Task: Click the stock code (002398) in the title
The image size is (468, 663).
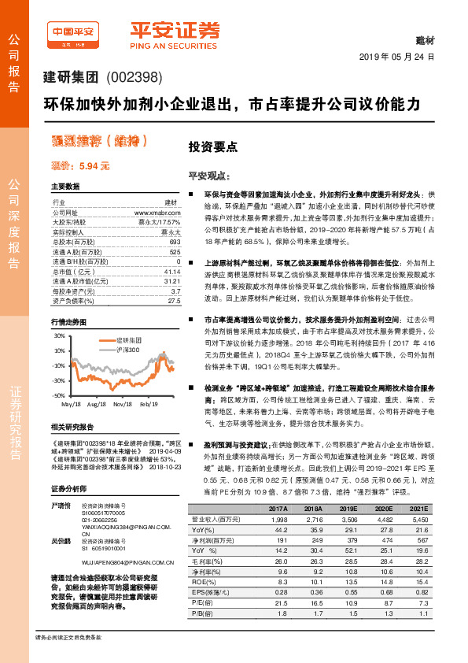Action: (x=137, y=77)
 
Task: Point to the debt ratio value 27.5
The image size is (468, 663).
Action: (x=174, y=300)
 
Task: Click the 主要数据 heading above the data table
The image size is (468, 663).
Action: (x=65, y=187)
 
